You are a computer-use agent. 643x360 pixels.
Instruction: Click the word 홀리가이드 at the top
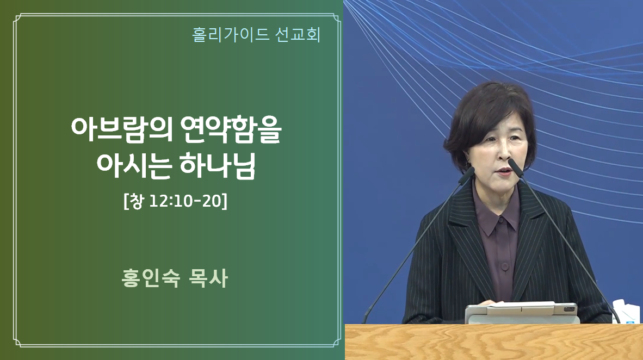231,34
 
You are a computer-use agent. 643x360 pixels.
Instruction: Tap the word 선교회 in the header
298,34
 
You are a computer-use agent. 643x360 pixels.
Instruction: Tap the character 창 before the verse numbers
136,201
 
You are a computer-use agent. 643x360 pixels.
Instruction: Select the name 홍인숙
151,278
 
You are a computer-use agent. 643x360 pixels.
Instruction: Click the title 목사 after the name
208,278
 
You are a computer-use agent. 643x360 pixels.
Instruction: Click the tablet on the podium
521,313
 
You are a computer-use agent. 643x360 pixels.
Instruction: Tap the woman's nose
502,157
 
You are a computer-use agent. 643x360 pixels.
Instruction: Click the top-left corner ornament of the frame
18,19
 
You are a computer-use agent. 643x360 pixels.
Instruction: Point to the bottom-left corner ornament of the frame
18,342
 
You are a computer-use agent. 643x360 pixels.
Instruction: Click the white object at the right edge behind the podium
628,312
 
